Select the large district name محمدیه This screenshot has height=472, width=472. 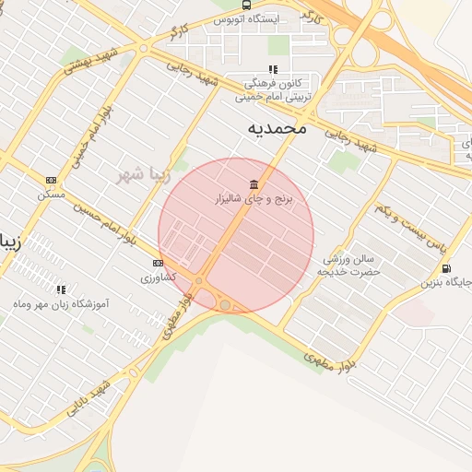pyautogui.click(x=277, y=128)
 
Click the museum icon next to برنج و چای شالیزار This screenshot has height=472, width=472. pyautogui.click(x=254, y=184)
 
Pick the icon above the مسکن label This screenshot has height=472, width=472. pyautogui.click(x=52, y=180)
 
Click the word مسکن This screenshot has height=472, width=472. pyautogui.click(x=51, y=195)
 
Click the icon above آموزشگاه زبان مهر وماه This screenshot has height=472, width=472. pyautogui.click(x=61, y=289)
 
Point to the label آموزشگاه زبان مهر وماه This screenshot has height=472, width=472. pyautogui.click(x=61, y=303)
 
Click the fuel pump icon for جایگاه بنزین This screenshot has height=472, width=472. pyautogui.click(x=447, y=268)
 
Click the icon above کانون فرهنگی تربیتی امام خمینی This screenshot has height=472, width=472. pyautogui.click(x=273, y=69)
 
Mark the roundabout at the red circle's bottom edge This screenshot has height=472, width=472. pyautogui.click(x=225, y=305)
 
